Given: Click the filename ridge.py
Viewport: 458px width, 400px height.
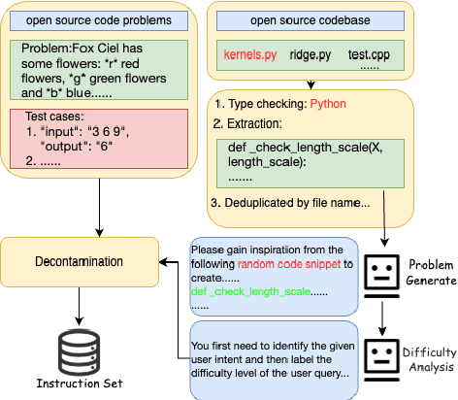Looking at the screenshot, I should [311, 57].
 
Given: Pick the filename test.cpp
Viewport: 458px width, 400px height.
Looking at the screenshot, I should [370, 57].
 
